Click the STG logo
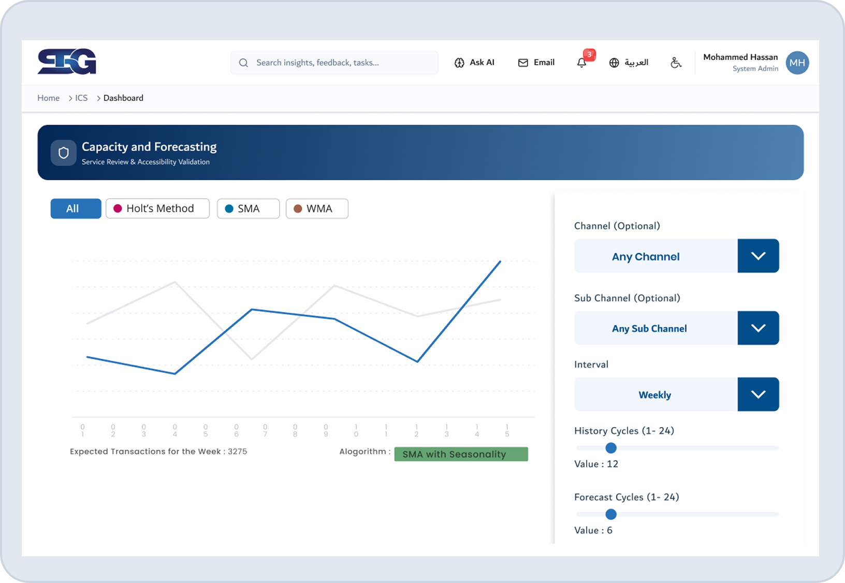tap(67, 62)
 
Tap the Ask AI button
tap(474, 63)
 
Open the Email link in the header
tap(536, 63)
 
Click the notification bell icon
tap(582, 63)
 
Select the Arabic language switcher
tap(629, 63)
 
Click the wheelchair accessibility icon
tap(676, 63)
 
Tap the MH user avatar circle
tap(797, 63)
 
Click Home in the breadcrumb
tap(48, 98)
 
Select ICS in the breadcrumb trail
tap(81, 98)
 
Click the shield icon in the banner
tap(64, 153)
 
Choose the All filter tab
tap(76, 209)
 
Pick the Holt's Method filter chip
tap(157, 209)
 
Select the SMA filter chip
tap(248, 209)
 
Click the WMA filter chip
tap(317, 209)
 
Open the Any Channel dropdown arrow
tap(758, 256)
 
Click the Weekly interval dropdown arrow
tap(758, 395)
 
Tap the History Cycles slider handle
tap(611, 448)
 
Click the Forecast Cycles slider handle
tap(611, 514)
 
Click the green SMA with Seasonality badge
tap(461, 454)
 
